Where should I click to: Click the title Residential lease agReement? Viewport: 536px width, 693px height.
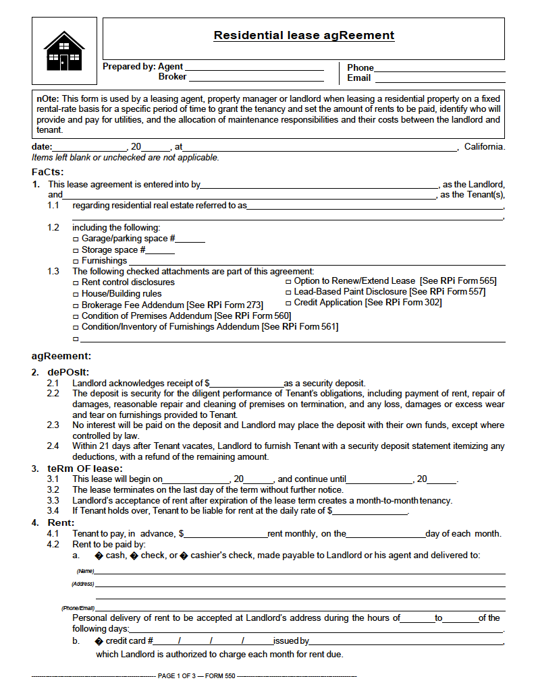point(304,36)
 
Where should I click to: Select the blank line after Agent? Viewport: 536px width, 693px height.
point(254,68)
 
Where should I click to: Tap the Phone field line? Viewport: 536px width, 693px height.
point(439,69)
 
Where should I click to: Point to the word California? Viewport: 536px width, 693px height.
point(484,147)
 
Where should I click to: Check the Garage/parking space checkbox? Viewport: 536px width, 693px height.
point(76,239)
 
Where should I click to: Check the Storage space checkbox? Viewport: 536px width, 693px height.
point(76,250)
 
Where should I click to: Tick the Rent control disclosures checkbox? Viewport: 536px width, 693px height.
point(76,282)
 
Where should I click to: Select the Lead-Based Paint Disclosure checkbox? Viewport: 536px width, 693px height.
point(288,293)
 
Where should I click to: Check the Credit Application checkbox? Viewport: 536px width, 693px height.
point(288,303)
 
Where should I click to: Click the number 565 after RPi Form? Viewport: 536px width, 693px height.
point(487,281)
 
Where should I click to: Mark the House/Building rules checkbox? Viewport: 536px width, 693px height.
point(76,294)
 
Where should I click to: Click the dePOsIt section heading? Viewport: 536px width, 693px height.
point(68,371)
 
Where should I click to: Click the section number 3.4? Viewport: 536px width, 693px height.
point(53,511)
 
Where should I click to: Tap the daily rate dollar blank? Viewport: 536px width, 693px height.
point(371,512)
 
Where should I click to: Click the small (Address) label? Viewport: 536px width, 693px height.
point(83,584)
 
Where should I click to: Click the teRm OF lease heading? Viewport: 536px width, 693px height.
point(85,469)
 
